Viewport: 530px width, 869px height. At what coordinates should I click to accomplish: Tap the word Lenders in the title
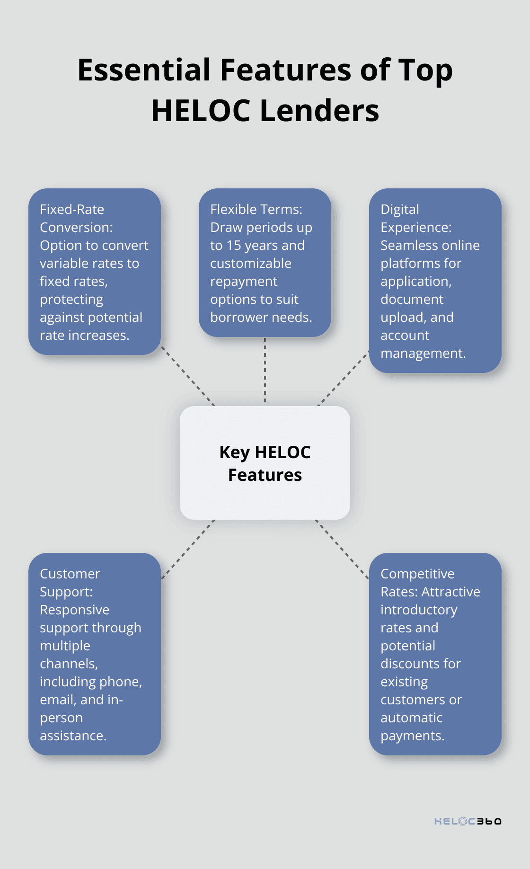pyautogui.click(x=319, y=111)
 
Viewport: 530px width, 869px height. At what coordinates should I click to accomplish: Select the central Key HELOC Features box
pyautogui.click(x=265, y=463)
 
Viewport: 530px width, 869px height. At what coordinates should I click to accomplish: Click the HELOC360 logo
pyautogui.click(x=468, y=821)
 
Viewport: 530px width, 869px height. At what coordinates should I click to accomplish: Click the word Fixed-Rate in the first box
pyautogui.click(x=72, y=209)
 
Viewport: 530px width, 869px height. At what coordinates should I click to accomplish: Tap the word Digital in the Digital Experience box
pyautogui.click(x=400, y=209)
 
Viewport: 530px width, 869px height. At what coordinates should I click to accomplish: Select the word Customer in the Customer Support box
pyautogui.click(x=70, y=574)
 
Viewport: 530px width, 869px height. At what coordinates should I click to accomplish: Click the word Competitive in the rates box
pyautogui.click(x=417, y=574)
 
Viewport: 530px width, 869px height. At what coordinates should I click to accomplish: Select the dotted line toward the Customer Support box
pyautogui.click(x=188, y=549)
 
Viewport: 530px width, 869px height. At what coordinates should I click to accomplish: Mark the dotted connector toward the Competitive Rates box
pyautogui.click(x=342, y=549)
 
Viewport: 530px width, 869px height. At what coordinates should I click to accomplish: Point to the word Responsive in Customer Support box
pyautogui.click(x=75, y=610)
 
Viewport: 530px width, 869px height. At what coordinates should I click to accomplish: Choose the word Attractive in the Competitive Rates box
pyautogui.click(x=450, y=592)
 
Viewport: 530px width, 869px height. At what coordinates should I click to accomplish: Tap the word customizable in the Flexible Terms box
pyautogui.click(x=251, y=263)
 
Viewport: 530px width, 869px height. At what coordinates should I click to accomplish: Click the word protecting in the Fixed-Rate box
pyautogui.click(x=71, y=299)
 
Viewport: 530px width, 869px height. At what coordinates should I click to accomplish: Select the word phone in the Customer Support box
pyautogui.click(x=117, y=682)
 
